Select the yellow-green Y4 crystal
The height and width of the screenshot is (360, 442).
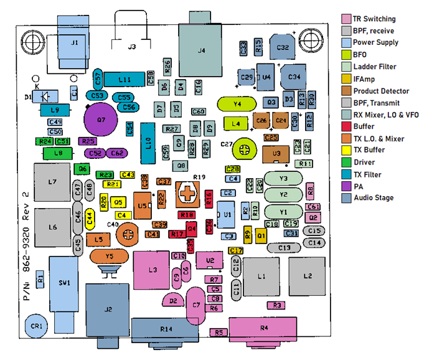[237, 103]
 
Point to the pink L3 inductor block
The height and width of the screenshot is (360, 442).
[152, 269]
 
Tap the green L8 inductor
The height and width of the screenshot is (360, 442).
[58, 153]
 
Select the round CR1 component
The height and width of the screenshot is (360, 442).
[37, 325]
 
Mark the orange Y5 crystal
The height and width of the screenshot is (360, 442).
[110, 256]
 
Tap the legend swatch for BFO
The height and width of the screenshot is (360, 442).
[346, 55]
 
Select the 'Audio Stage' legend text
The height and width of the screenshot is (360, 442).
[374, 198]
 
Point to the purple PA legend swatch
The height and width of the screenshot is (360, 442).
[346, 186]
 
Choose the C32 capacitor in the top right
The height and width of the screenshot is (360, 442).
[283, 46]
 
